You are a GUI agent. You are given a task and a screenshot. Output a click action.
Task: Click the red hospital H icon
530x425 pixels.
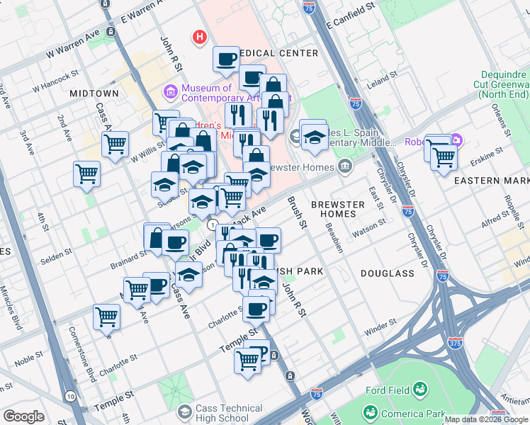coord(201,36)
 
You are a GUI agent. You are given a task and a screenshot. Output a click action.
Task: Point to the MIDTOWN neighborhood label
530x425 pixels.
coord(94,93)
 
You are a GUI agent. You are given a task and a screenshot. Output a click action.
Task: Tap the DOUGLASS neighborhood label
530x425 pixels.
coord(387,273)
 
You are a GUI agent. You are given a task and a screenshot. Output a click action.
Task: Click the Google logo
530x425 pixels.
coord(23,416)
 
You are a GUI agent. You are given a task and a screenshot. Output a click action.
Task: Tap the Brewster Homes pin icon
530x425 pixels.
coord(345,166)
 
